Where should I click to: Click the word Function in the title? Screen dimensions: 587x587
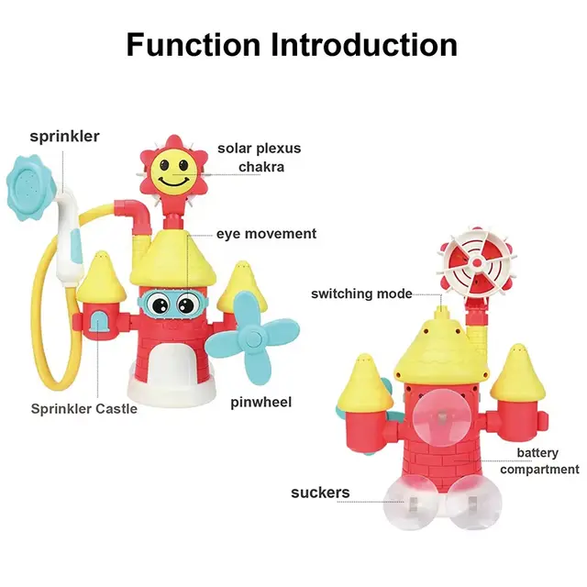tap(194, 45)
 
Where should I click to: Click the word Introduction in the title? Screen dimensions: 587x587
tap(364, 45)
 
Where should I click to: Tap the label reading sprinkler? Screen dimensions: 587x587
tap(65, 137)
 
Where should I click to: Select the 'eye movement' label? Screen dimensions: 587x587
tap(267, 234)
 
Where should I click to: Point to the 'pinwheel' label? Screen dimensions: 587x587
tap(260, 403)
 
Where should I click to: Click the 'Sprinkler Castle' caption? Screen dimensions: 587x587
tap(84, 408)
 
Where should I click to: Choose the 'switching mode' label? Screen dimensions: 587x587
tap(361, 293)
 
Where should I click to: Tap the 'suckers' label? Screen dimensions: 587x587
tap(320, 493)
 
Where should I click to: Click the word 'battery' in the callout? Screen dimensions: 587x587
tap(537, 453)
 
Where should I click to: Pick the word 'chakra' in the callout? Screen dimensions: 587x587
tap(261, 167)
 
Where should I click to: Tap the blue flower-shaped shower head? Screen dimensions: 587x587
tap(30, 187)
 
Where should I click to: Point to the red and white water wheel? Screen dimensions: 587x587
tap(477, 262)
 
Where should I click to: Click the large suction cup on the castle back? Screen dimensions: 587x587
tap(442, 417)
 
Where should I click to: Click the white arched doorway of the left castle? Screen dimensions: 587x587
tap(172, 366)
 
